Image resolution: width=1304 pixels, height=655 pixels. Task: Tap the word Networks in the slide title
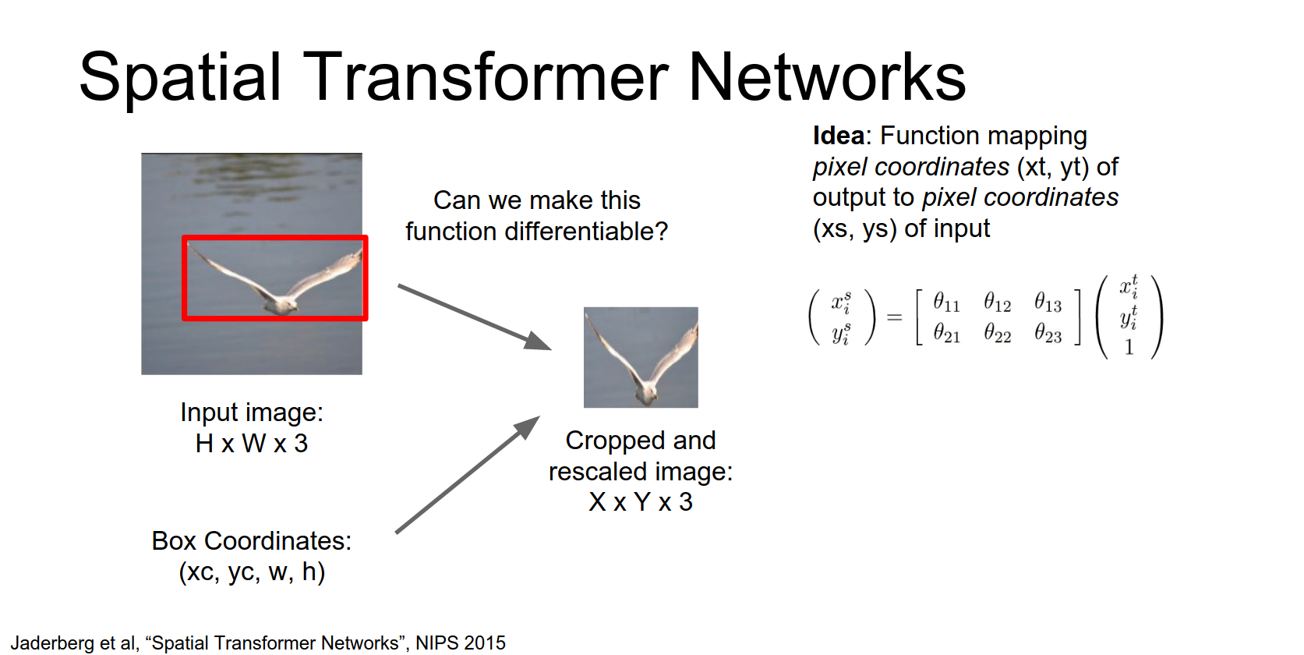pyautogui.click(x=827, y=77)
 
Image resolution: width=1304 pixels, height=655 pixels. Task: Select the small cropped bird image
pyautogui.click(x=641, y=357)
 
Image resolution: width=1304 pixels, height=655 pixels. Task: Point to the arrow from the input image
pyautogui.click(x=474, y=317)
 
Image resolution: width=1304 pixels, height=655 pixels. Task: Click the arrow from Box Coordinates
pyautogui.click(x=468, y=475)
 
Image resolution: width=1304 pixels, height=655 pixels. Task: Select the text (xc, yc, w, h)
pyautogui.click(x=252, y=572)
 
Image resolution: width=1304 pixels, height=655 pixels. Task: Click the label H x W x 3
pyautogui.click(x=252, y=444)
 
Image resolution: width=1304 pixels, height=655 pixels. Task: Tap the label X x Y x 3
pyautogui.click(x=641, y=502)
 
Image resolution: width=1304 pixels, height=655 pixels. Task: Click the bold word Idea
pyautogui.click(x=838, y=136)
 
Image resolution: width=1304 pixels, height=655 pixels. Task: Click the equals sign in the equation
pyautogui.click(x=894, y=317)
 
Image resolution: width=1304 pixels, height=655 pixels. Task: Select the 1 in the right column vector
pyautogui.click(x=1129, y=348)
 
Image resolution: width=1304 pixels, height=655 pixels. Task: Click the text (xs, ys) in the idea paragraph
pyautogui.click(x=855, y=228)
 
